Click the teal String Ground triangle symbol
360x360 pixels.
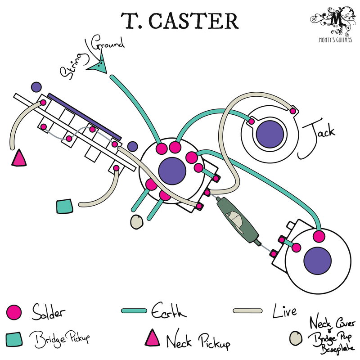pyautogui.click(x=99, y=65)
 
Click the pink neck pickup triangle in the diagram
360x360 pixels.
pyautogui.click(x=19, y=158)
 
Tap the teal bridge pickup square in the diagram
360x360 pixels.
pyautogui.click(x=65, y=206)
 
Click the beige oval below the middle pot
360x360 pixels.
pyautogui.click(x=136, y=221)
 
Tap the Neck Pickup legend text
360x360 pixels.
pyautogui.click(x=198, y=342)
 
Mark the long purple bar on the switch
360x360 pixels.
pyautogui.click(x=84, y=116)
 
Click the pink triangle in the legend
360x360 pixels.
pyautogui.click(x=153, y=337)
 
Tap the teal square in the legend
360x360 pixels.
pyautogui.click(x=15, y=337)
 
